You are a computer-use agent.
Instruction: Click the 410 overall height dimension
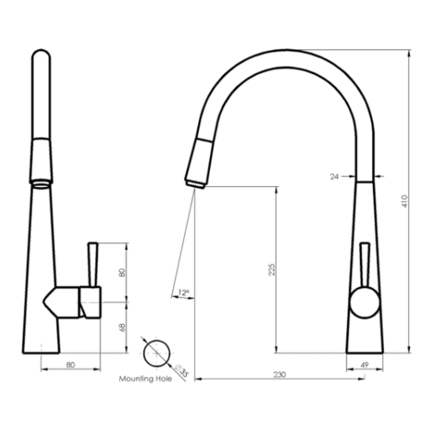pyautogui.click(x=404, y=201)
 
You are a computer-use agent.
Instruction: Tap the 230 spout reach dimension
pyautogui.click(x=279, y=374)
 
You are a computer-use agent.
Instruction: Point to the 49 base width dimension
pyautogui.click(x=364, y=364)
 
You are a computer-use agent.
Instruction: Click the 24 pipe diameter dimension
pyautogui.click(x=334, y=176)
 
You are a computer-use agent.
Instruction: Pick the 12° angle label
pyautogui.click(x=183, y=293)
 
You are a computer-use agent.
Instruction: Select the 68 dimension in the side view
pyautogui.click(x=122, y=327)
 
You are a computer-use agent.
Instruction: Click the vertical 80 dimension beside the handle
pyautogui.click(x=122, y=273)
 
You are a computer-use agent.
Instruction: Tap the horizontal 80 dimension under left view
pyautogui.click(x=70, y=364)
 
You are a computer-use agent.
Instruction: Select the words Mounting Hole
pyautogui.click(x=145, y=379)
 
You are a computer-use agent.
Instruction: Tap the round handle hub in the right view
pyautogui.click(x=364, y=302)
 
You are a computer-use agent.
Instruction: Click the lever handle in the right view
pyautogui.click(x=364, y=263)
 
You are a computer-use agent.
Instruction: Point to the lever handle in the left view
pyautogui.click(x=93, y=263)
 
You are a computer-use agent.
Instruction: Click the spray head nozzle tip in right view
pyautogui.click(x=195, y=184)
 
